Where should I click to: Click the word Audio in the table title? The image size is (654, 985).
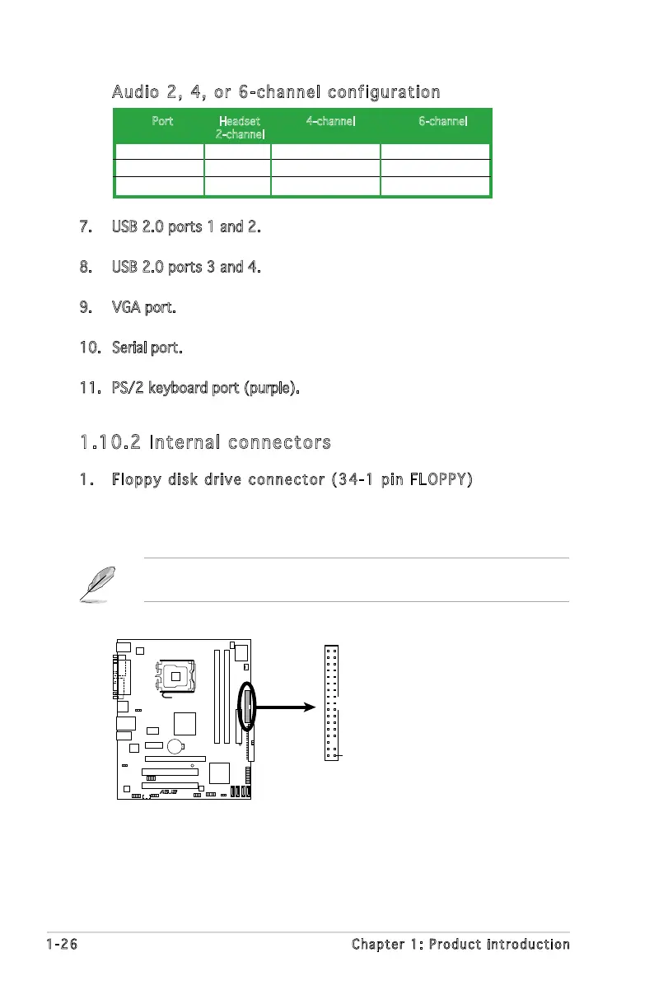coord(137,91)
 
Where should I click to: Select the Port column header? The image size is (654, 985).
coord(162,121)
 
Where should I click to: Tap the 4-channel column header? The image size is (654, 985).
coord(330,121)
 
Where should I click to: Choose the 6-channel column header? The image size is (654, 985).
coord(442,121)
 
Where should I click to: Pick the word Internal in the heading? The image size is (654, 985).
coord(180,443)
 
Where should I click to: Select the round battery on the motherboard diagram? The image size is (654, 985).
coord(175,747)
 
